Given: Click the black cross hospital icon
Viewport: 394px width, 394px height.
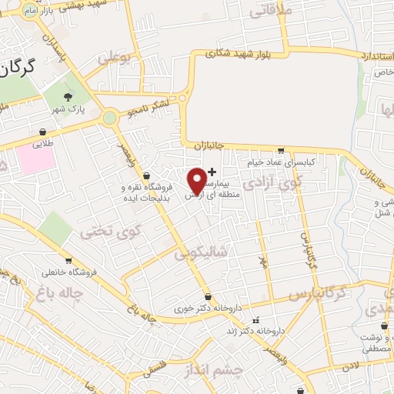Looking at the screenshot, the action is pos(212,171).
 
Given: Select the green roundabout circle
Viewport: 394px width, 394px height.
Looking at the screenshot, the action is pos(109,118).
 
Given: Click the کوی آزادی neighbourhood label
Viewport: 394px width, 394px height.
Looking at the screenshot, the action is pos(272,183).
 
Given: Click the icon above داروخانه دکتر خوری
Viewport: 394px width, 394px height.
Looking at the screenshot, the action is pos(208,297).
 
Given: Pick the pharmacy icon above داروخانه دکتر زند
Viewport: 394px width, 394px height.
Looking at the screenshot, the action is pos(256,320).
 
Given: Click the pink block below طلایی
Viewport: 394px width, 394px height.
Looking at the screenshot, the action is pos(35,159).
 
